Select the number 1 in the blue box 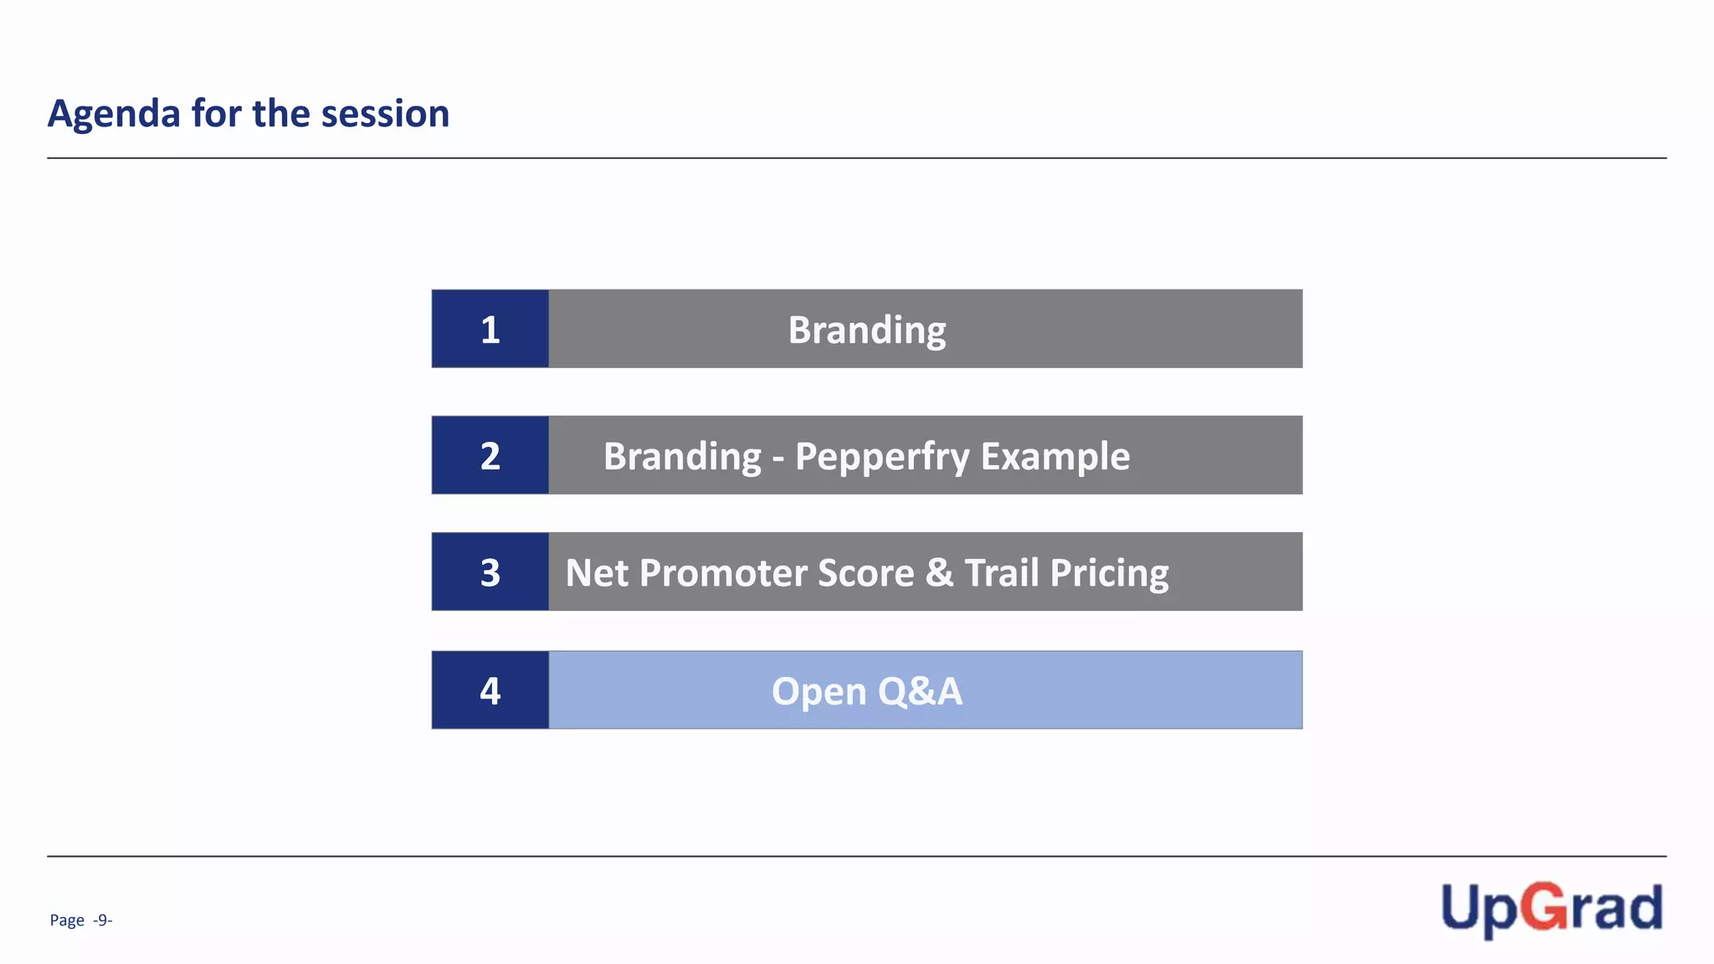click(490, 330)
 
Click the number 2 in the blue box click(490, 456)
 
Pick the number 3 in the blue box click(490, 573)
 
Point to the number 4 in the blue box click(490, 691)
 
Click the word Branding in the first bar click(866, 331)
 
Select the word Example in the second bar click(1055, 457)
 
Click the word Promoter click(722, 573)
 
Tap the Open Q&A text click(866, 692)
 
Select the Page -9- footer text click(81, 920)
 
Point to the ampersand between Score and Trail click(940, 573)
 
